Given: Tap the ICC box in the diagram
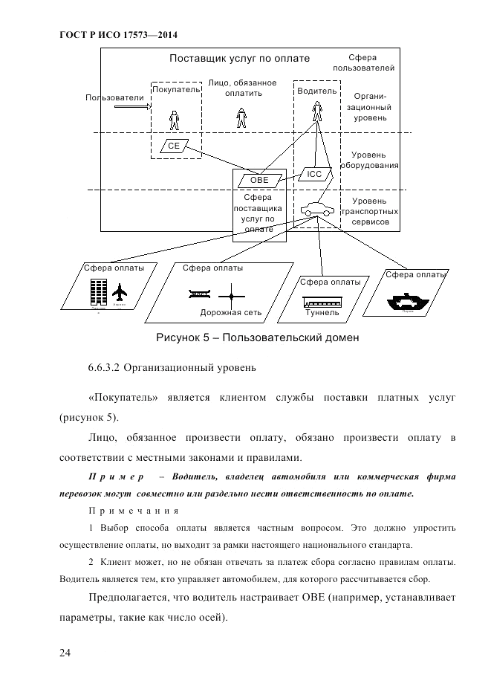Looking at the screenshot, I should pyautogui.click(x=314, y=174).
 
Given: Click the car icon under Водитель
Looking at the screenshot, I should pyautogui.click(x=316, y=209).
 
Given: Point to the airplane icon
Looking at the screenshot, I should pyautogui.click(x=120, y=293).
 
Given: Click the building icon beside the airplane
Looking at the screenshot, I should pyautogui.click(x=97, y=293).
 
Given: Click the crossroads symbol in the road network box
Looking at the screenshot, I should pyautogui.click(x=231, y=296).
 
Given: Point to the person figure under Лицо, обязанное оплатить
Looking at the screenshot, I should pyautogui.click(x=241, y=117).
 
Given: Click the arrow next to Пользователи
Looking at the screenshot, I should pyautogui.click(x=131, y=106).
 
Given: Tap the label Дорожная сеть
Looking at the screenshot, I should pyautogui.click(x=231, y=313).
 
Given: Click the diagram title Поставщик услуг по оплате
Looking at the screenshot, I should pyautogui.click(x=239, y=58).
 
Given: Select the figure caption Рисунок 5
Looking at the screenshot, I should pyautogui.click(x=257, y=339).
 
